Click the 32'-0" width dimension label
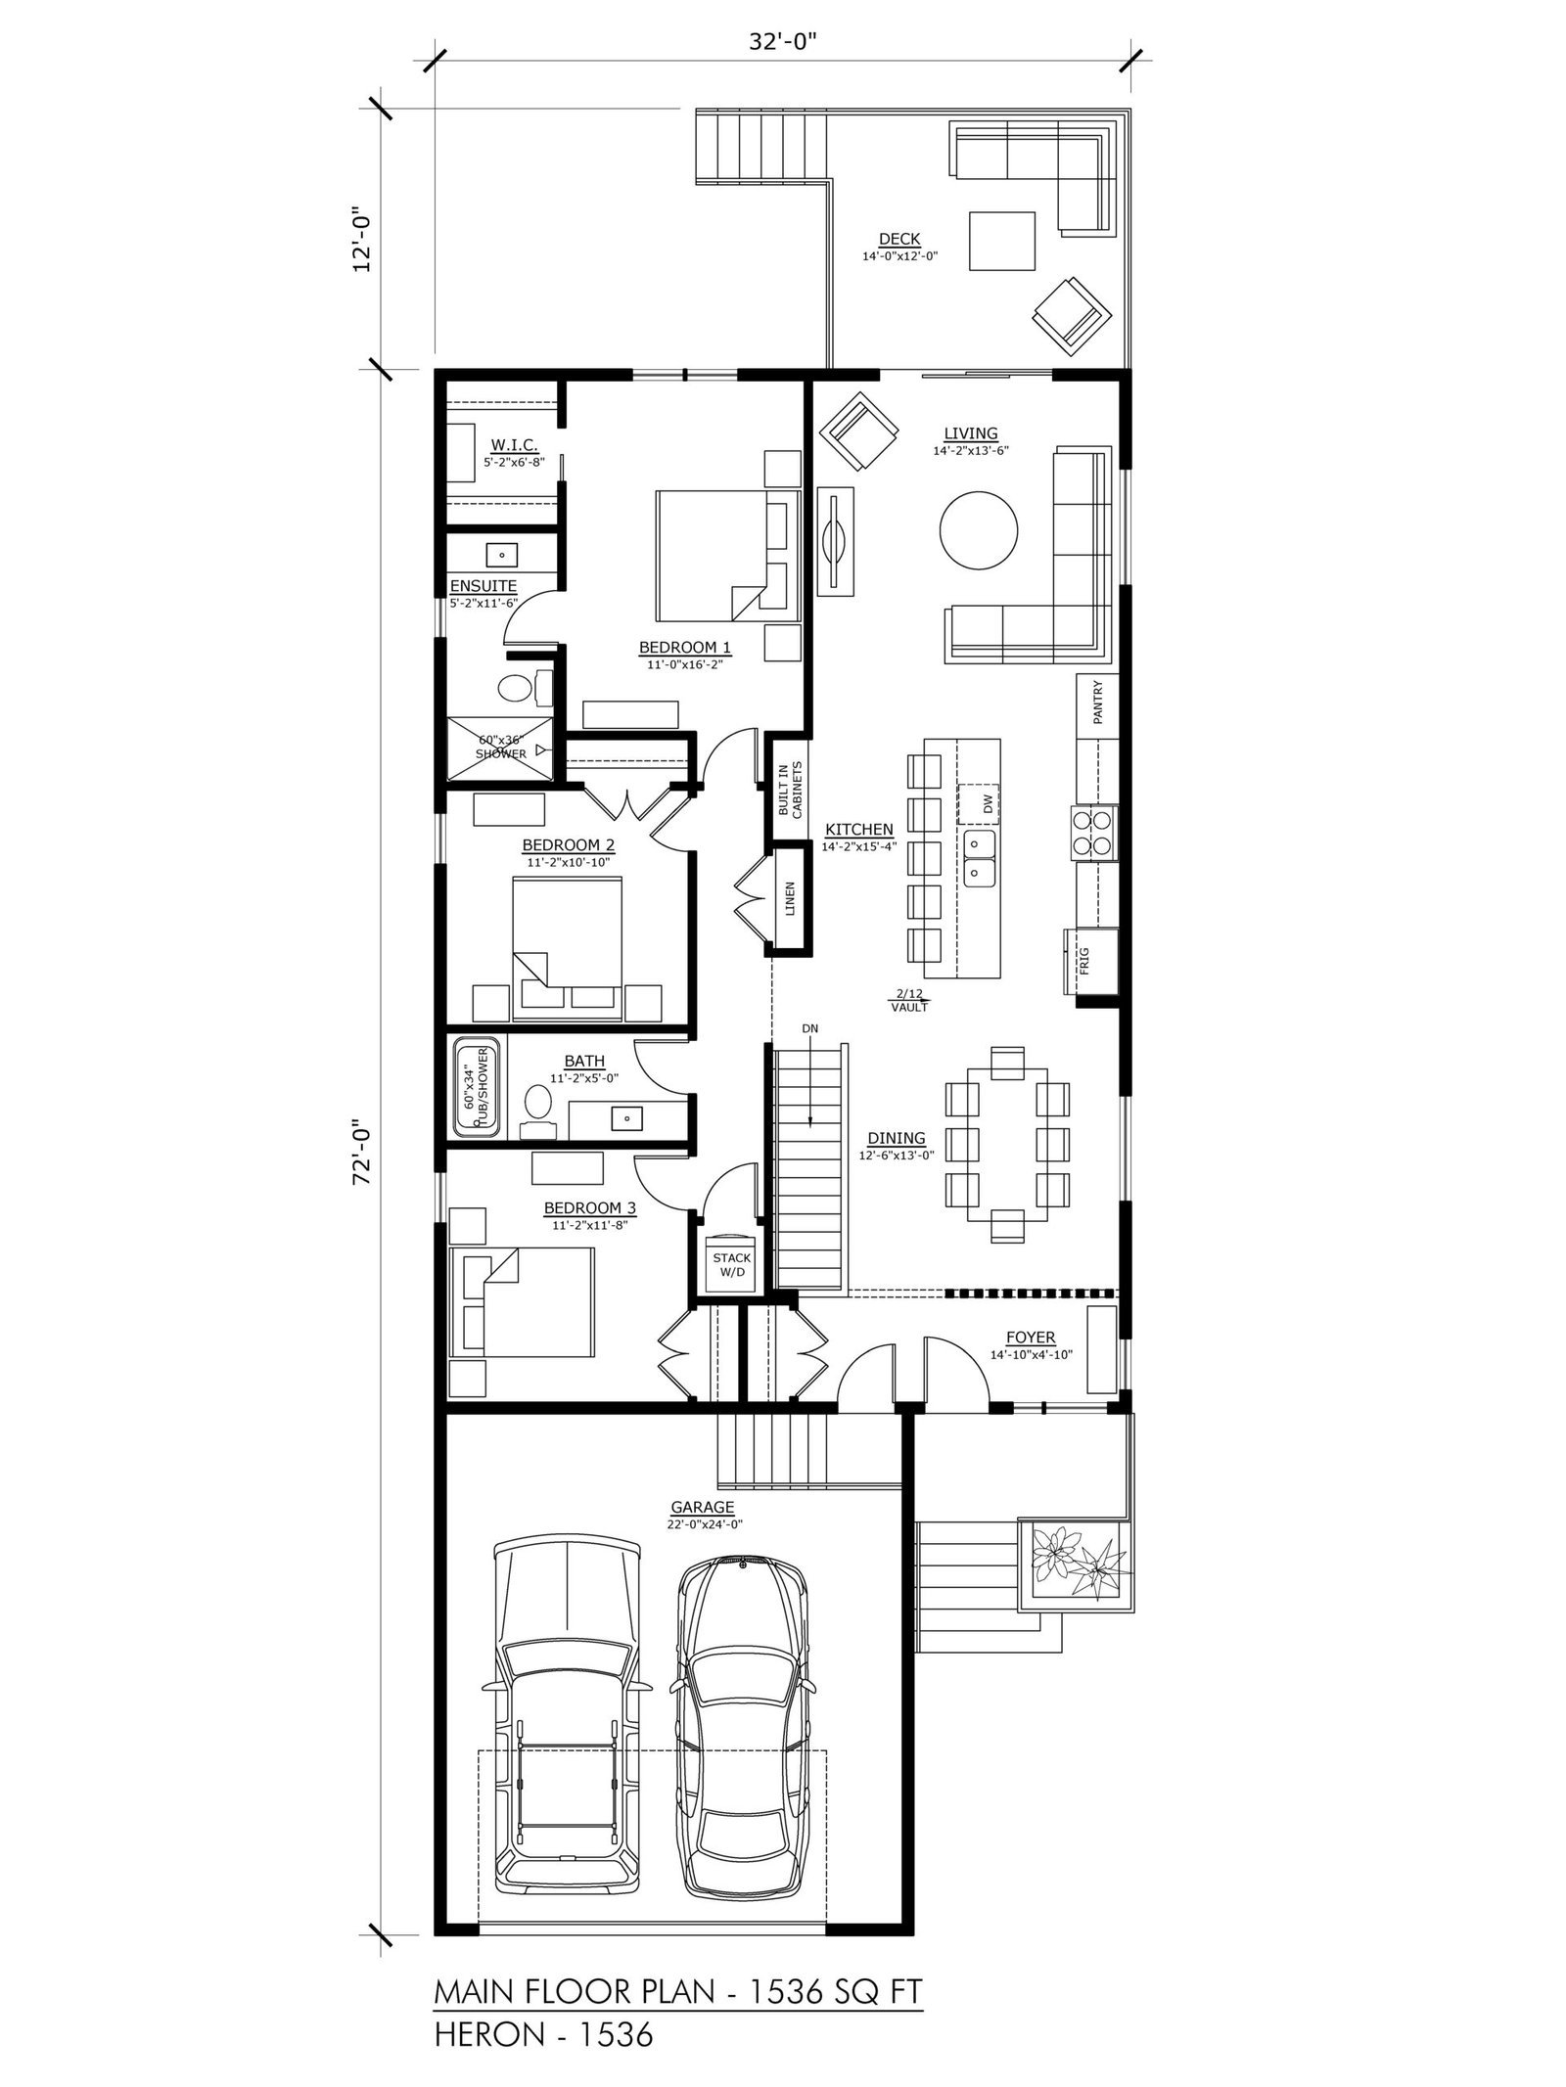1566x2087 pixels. tap(783, 43)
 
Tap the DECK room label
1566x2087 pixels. tap(899, 239)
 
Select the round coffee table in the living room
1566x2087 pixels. tap(978, 529)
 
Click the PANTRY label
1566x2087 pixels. tap(1098, 702)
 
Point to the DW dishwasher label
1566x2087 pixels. tap(988, 803)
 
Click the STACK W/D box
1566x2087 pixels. tap(732, 1264)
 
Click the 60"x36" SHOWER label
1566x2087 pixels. tap(501, 747)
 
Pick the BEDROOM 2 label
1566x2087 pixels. tap(568, 844)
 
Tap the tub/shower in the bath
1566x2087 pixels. tap(477, 1086)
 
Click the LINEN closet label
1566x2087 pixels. tap(789, 898)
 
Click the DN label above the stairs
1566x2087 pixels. tap(810, 1028)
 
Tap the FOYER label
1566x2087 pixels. tap(1031, 1338)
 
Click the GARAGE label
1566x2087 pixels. tap(703, 1508)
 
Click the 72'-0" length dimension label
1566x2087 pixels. tap(364, 1153)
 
